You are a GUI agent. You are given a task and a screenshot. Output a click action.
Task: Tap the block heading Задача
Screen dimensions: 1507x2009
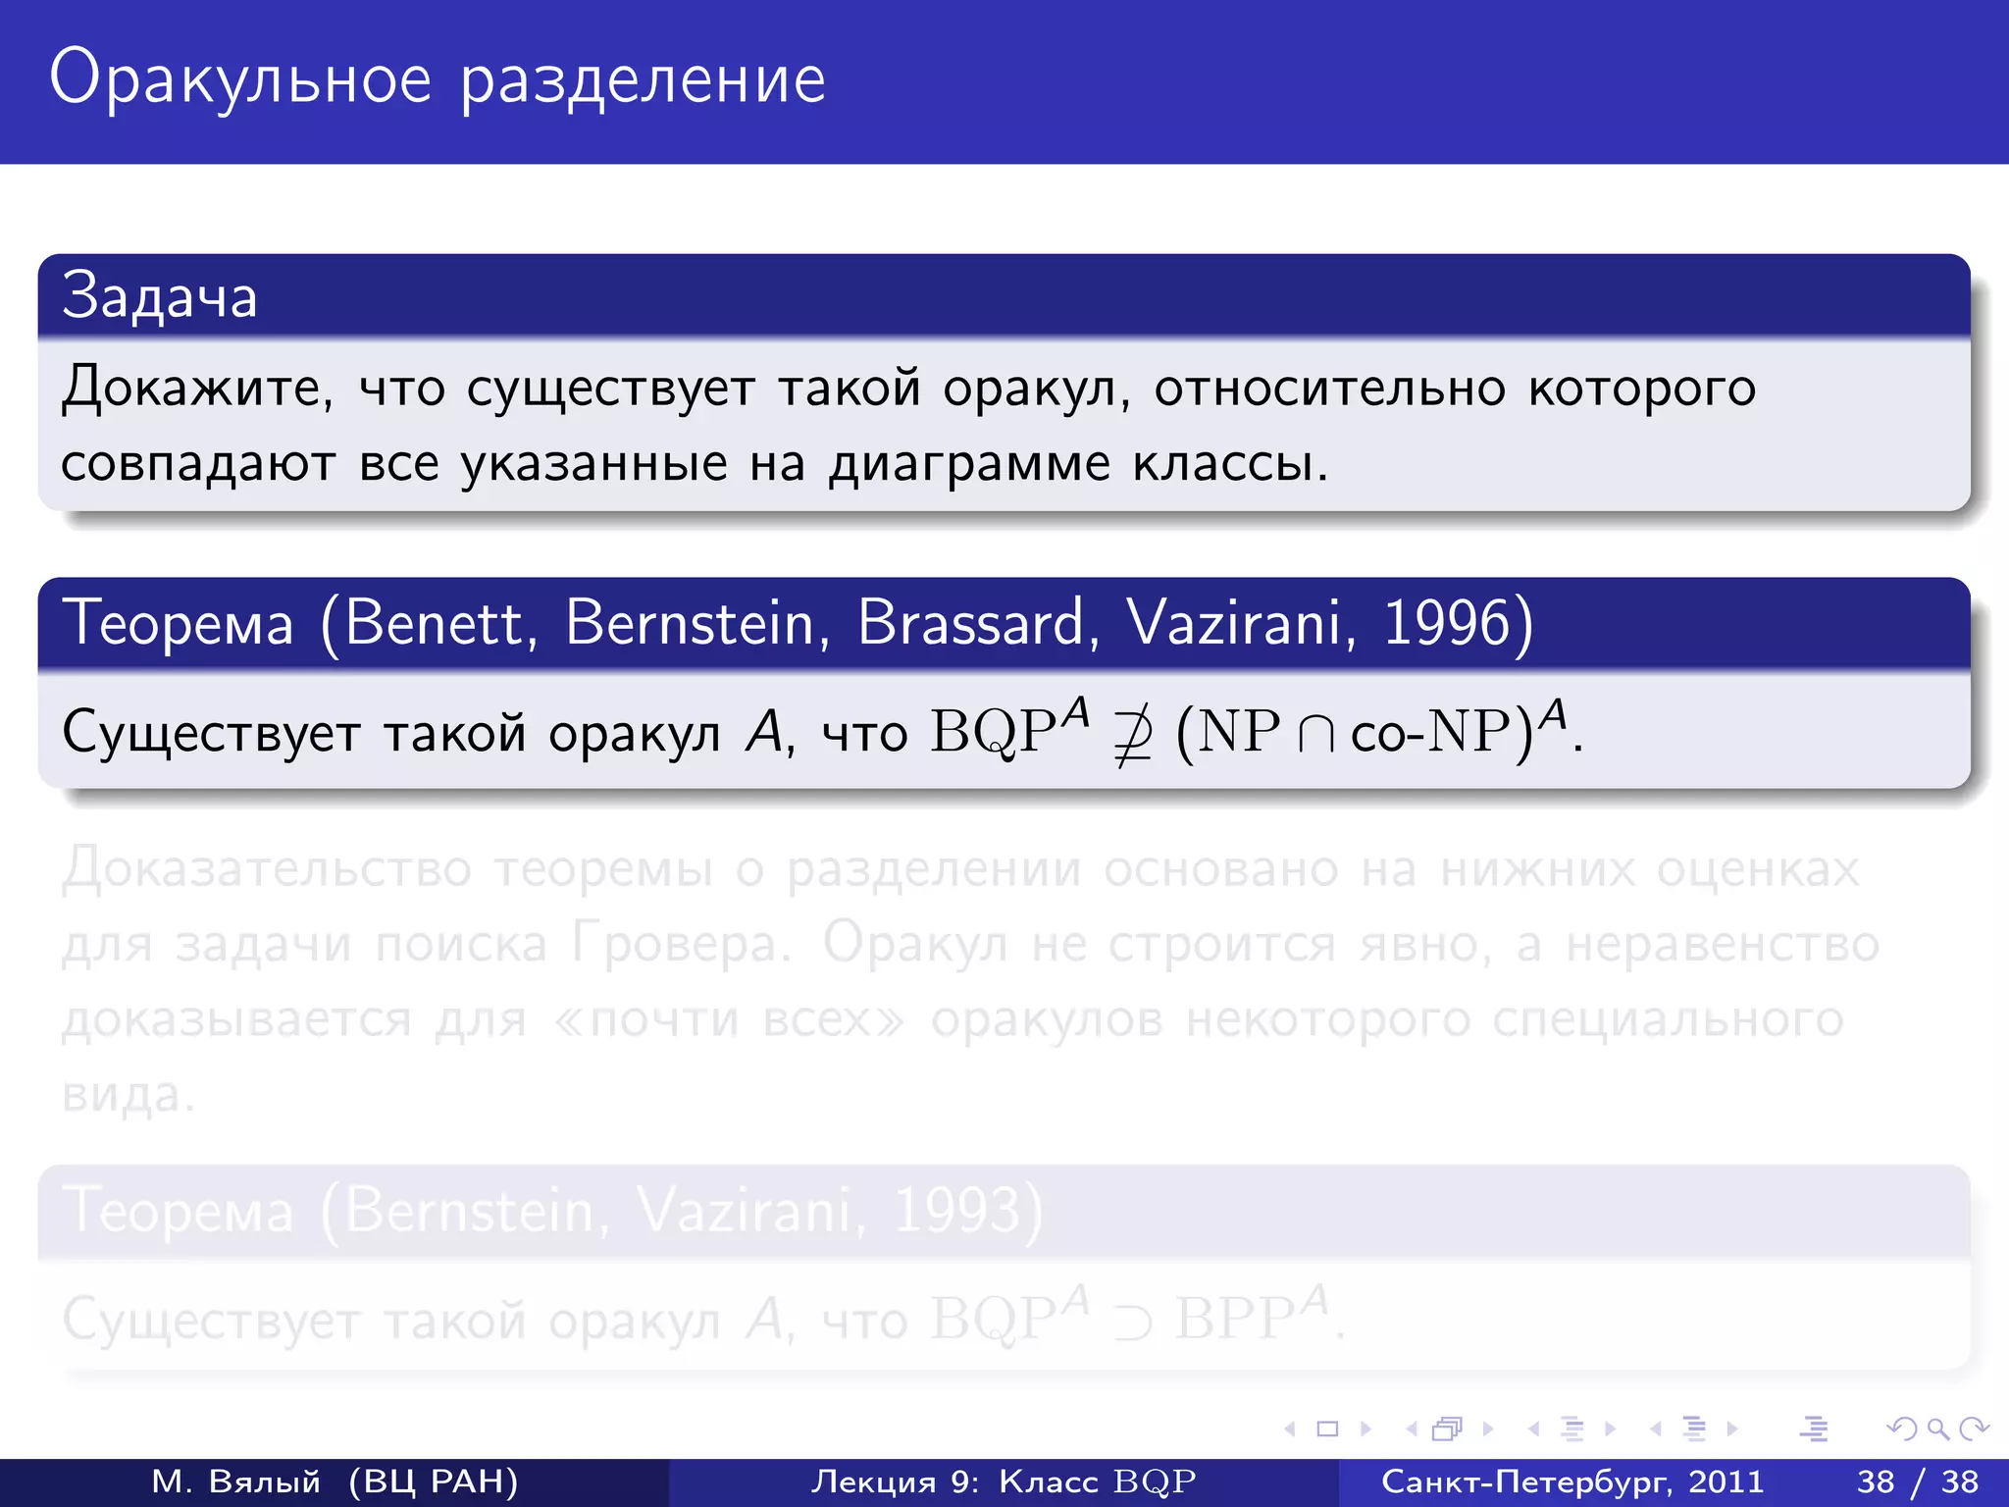[159, 296]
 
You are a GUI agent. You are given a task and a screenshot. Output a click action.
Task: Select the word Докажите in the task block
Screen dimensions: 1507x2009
[196, 389]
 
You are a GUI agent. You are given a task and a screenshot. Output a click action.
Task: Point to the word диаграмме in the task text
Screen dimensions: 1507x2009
[969, 463]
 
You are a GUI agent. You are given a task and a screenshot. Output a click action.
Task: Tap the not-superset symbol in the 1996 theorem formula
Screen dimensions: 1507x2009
[1133, 734]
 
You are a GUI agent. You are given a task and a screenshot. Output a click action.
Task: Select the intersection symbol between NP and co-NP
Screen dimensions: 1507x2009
[1315, 734]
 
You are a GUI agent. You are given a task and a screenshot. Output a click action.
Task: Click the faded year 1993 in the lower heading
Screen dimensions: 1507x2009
[956, 1211]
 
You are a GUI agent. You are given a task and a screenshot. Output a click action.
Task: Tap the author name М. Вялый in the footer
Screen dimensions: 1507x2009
[236, 1481]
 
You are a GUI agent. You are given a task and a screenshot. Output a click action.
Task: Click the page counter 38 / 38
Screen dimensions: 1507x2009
[1918, 1481]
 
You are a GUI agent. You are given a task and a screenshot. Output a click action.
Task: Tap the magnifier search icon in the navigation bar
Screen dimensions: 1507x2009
[1937, 1429]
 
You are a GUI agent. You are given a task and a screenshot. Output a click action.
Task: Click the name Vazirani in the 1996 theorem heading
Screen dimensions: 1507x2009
[1241, 622]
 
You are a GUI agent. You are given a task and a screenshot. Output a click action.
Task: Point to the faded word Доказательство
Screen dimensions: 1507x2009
[267, 869]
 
